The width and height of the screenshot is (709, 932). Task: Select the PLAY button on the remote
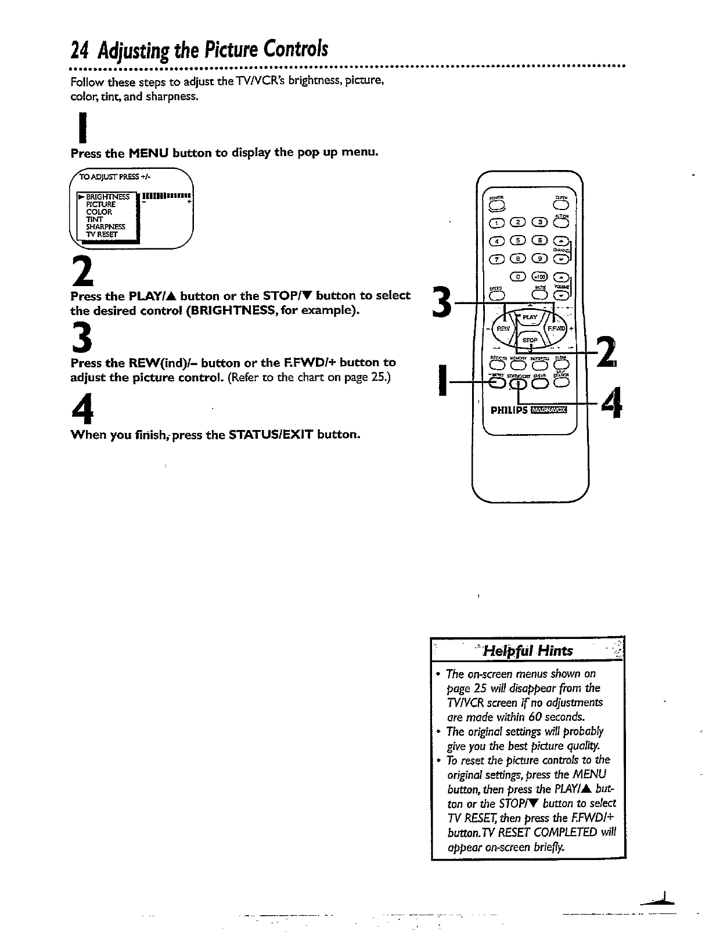530,317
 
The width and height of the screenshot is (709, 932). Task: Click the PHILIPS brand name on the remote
509,410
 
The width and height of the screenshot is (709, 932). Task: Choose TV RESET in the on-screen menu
102,234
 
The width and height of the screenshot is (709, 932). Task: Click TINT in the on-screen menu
94,219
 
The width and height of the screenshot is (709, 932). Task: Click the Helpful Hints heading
528,651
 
